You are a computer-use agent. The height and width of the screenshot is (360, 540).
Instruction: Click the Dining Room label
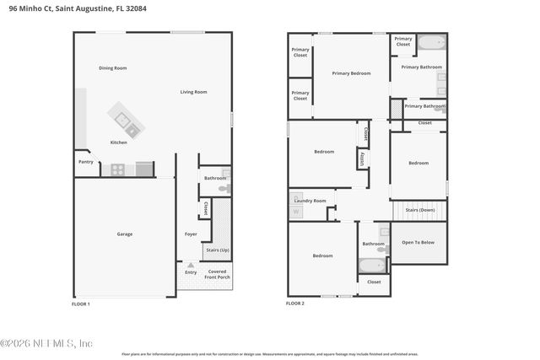[112, 67]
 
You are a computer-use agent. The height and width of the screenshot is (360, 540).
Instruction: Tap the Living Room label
[193, 92]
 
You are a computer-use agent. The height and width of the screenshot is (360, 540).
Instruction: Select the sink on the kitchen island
[132, 129]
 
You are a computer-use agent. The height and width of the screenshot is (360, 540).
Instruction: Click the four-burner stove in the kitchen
[118, 169]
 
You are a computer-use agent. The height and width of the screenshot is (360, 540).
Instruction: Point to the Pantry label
[85, 162]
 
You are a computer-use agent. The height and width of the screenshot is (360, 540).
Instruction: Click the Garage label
[124, 234]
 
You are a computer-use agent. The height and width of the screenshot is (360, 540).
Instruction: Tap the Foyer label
[191, 234]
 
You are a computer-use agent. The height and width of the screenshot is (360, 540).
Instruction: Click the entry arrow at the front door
[191, 265]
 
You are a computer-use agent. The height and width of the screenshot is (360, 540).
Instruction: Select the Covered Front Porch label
[218, 274]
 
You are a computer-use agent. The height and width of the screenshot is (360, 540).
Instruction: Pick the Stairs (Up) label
[216, 250]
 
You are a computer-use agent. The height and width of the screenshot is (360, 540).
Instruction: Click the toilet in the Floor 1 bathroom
[224, 190]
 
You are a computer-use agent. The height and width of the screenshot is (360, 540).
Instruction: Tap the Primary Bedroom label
[350, 73]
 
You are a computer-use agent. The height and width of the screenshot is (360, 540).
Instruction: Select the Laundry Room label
[309, 201]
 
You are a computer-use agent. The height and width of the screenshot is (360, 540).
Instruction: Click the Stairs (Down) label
[418, 210]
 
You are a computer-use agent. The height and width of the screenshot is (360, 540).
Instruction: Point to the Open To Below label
[418, 242]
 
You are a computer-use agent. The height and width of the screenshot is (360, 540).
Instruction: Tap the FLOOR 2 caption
[295, 303]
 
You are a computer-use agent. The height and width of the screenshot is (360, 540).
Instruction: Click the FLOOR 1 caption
[81, 303]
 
